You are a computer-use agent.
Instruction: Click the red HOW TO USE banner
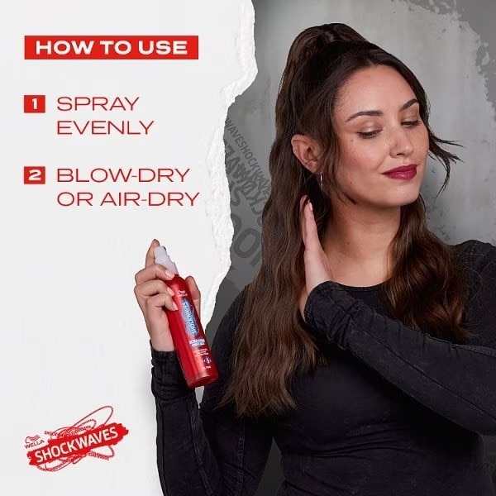pyautogui.click(x=112, y=46)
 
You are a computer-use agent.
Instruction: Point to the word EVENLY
pyautogui.click(x=105, y=127)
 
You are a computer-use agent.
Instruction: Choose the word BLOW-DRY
pyautogui.click(x=122, y=175)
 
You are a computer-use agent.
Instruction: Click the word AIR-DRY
pyautogui.click(x=155, y=198)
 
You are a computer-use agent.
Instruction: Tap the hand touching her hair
pyautogui.click(x=317, y=240)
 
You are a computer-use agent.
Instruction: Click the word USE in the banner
pyautogui.click(x=163, y=46)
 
